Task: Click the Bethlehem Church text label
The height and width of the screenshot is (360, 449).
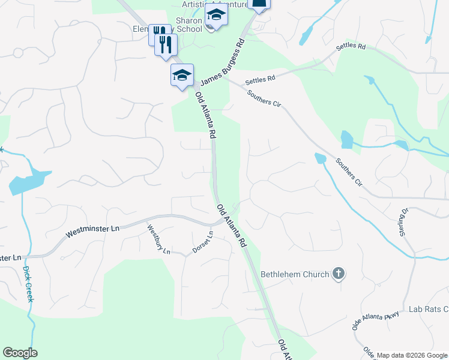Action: pos(295,274)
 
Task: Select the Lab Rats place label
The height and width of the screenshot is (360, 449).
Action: pos(429,309)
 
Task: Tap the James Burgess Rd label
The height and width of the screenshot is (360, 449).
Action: pos(223,62)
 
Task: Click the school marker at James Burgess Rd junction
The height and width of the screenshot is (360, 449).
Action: pos(182,76)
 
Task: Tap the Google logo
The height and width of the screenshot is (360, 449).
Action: pos(20,353)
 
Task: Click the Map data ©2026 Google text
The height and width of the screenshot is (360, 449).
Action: pos(411,355)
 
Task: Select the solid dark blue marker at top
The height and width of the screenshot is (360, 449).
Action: pos(259,4)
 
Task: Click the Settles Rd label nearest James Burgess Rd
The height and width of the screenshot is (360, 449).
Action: pos(260,78)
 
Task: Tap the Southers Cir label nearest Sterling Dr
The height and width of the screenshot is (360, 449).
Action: pos(350,172)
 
